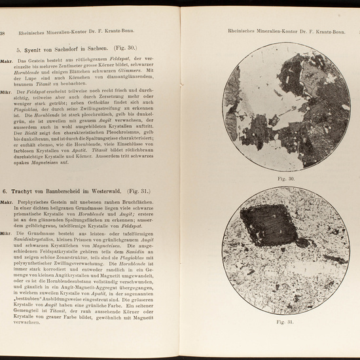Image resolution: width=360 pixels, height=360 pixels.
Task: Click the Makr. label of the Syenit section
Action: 8,60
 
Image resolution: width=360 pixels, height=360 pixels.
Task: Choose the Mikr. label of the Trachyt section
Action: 8,233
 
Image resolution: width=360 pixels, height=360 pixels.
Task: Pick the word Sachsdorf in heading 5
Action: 84,49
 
